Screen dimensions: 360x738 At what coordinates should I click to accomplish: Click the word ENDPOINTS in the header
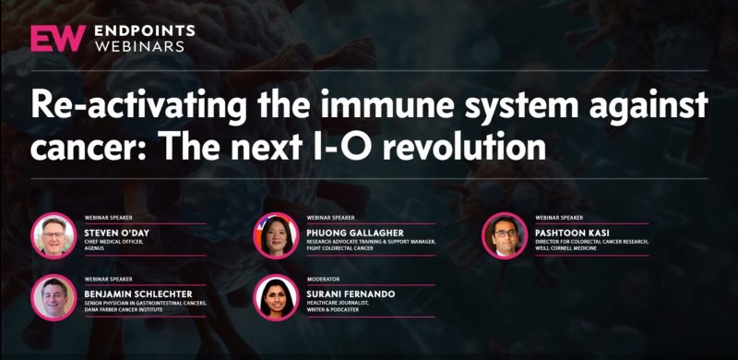146,29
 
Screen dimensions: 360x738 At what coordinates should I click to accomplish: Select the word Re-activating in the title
130,104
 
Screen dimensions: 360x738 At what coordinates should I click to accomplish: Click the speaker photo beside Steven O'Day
54,235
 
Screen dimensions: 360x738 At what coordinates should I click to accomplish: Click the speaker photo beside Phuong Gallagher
277,235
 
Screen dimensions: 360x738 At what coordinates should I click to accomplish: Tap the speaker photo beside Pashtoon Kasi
505,235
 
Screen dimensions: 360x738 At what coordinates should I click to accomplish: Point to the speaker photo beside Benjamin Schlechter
54,298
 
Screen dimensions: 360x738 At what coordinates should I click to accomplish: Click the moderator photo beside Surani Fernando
277,298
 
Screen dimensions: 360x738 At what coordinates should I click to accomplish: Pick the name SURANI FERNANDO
351,294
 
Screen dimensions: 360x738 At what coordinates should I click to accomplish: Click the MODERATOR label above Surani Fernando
323,279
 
